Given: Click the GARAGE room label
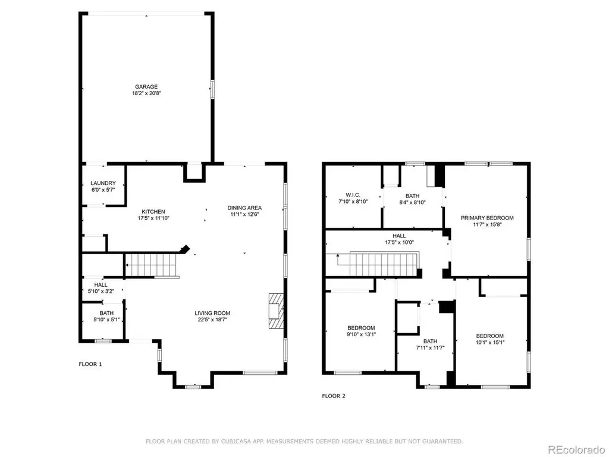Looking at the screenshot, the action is (x=146, y=87).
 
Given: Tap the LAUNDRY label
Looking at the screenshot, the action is (x=103, y=183).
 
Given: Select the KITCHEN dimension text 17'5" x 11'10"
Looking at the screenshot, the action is (x=153, y=218).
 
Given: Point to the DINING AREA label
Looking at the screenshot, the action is (x=244, y=208).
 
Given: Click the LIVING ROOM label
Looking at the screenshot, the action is (x=212, y=313).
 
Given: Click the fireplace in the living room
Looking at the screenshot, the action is (x=276, y=311).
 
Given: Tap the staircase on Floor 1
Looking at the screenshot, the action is (x=152, y=266).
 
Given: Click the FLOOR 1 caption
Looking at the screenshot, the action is (x=90, y=364).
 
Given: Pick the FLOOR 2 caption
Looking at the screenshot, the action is (x=334, y=396).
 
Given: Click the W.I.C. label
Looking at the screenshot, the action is (x=353, y=195).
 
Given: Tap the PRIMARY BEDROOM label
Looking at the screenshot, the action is (x=487, y=218).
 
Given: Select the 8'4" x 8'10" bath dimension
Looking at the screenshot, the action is (x=413, y=202).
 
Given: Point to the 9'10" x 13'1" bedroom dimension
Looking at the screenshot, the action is (x=361, y=334).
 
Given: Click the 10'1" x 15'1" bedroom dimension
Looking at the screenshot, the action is (x=490, y=342).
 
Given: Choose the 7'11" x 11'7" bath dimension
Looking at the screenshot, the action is (x=430, y=348).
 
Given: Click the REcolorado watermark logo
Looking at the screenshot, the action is (x=576, y=450).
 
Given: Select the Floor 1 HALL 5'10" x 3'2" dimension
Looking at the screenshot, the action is (x=101, y=291).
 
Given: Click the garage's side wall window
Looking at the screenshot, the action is (x=212, y=89).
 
